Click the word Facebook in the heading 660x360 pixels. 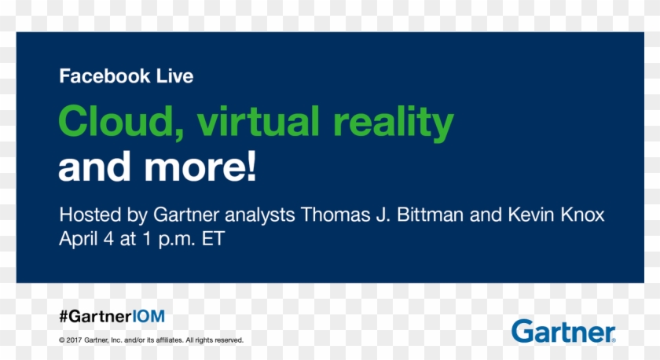tap(104, 76)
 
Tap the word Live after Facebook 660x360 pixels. tap(174, 76)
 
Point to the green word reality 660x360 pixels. tap(394, 123)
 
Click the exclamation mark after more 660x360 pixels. tap(251, 166)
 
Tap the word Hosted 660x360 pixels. tap(90, 215)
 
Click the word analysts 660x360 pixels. tap(260, 216)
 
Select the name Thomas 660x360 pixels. tap(335, 215)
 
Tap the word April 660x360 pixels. tap(79, 240)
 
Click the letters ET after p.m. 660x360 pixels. tap(214, 239)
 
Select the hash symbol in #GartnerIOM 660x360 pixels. tap(64, 316)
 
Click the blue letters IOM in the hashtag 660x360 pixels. tap(148, 316)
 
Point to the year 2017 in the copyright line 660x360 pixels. tap(74, 340)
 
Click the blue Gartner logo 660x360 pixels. tap(563, 332)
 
